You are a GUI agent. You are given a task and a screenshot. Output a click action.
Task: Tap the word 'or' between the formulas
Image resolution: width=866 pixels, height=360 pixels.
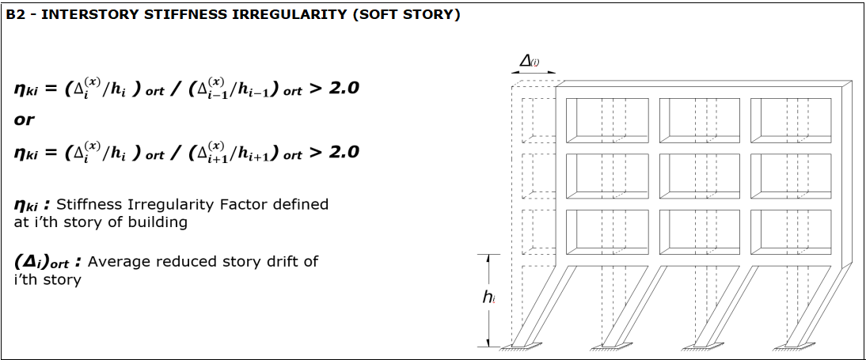point(25,119)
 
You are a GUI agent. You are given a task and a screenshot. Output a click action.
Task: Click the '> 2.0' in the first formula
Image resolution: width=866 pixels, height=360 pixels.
point(333,88)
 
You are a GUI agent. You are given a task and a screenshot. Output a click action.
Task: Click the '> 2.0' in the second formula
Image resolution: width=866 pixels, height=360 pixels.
point(333,151)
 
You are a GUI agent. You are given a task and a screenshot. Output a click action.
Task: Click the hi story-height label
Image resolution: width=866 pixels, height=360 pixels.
point(489,297)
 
